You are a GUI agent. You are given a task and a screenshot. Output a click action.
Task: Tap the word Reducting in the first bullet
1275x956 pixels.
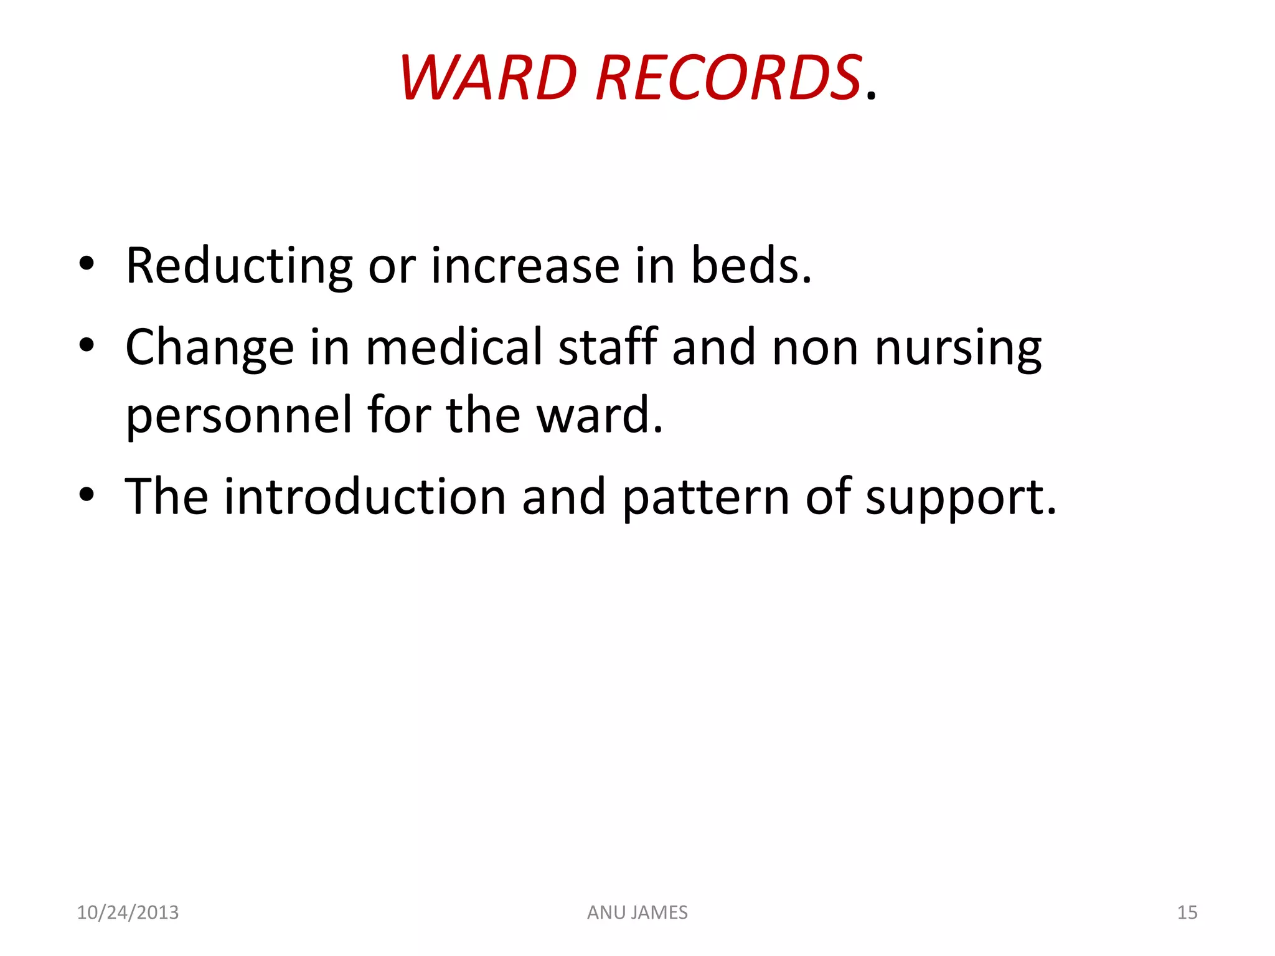pos(239,266)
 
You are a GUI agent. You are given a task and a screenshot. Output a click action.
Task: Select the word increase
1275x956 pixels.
pos(525,266)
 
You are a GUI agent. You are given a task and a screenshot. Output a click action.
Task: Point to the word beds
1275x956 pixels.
pos(751,266)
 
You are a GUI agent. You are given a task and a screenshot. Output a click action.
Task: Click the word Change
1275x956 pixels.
pos(209,347)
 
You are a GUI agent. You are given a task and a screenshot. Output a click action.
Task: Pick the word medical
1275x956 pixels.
pos(454,347)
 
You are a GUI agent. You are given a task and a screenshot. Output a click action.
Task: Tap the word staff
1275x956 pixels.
pos(608,347)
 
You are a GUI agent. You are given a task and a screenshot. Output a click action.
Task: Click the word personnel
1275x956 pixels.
pos(238,416)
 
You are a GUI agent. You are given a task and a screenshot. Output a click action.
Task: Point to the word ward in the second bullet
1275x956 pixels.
pos(600,416)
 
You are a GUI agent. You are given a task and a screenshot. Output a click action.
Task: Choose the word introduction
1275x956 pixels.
pos(365,497)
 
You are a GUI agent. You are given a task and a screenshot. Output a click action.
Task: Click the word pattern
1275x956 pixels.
pos(706,497)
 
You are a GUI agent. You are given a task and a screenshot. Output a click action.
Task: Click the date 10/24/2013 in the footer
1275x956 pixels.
pos(128,912)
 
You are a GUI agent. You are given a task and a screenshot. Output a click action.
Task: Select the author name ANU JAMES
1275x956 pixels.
pos(637,912)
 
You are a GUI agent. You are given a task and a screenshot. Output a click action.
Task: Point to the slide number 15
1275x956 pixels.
pos(1187,912)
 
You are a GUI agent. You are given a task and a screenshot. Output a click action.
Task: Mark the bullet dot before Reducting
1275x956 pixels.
pos(87,264)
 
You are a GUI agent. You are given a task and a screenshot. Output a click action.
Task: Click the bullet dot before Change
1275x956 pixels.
pos(87,345)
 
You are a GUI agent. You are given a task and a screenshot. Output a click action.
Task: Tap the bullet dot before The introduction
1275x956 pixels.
pos(87,495)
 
